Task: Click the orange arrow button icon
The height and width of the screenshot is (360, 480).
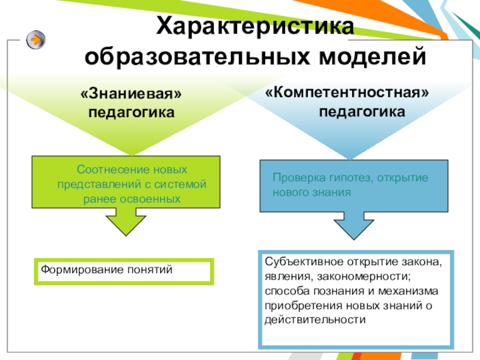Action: pyautogui.click(x=36, y=40)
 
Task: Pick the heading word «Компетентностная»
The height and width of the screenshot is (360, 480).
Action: pyautogui.click(x=347, y=93)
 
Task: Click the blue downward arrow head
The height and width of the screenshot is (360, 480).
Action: pyautogui.click(x=353, y=229)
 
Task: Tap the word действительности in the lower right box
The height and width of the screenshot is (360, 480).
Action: pyautogui.click(x=314, y=319)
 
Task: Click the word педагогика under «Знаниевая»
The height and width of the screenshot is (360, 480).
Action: pyautogui.click(x=131, y=112)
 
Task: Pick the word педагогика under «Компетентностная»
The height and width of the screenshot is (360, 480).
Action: pyautogui.click(x=362, y=112)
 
